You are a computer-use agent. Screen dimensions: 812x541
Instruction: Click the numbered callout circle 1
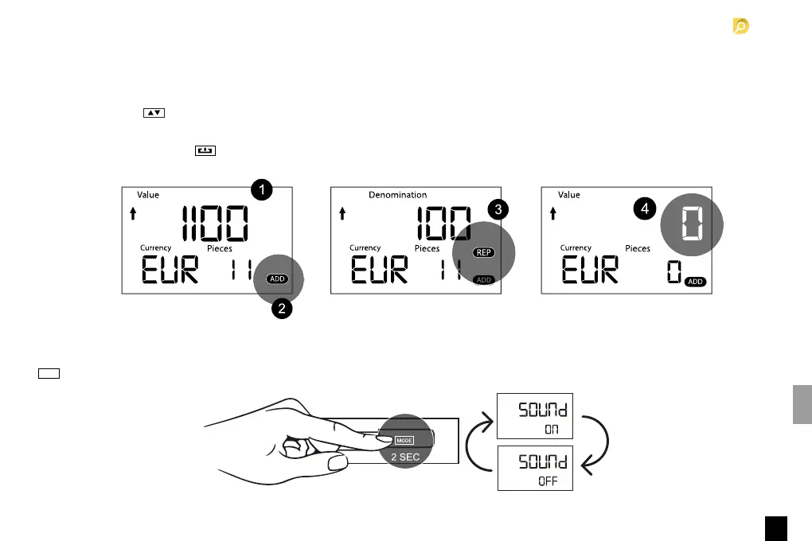pyautogui.click(x=262, y=189)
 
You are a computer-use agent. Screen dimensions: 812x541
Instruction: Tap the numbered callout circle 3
pyautogui.click(x=498, y=210)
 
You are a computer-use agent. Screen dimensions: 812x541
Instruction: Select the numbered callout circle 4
pyautogui.click(x=646, y=209)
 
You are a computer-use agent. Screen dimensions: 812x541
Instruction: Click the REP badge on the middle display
pyautogui.click(x=483, y=252)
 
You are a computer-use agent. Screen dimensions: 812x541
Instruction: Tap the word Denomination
pyautogui.click(x=397, y=195)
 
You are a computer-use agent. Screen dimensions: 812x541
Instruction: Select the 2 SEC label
pyautogui.click(x=404, y=457)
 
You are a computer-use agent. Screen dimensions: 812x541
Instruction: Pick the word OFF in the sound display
pyautogui.click(x=548, y=481)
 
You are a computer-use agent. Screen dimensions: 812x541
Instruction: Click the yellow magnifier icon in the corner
pyautogui.click(x=741, y=27)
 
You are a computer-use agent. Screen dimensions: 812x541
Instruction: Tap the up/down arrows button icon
pyautogui.click(x=153, y=113)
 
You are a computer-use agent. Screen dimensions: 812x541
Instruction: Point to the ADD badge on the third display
pyautogui.click(x=695, y=282)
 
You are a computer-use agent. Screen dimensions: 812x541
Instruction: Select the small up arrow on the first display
pyautogui.click(x=133, y=213)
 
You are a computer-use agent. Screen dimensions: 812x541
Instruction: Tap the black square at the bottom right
pyautogui.click(x=777, y=527)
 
